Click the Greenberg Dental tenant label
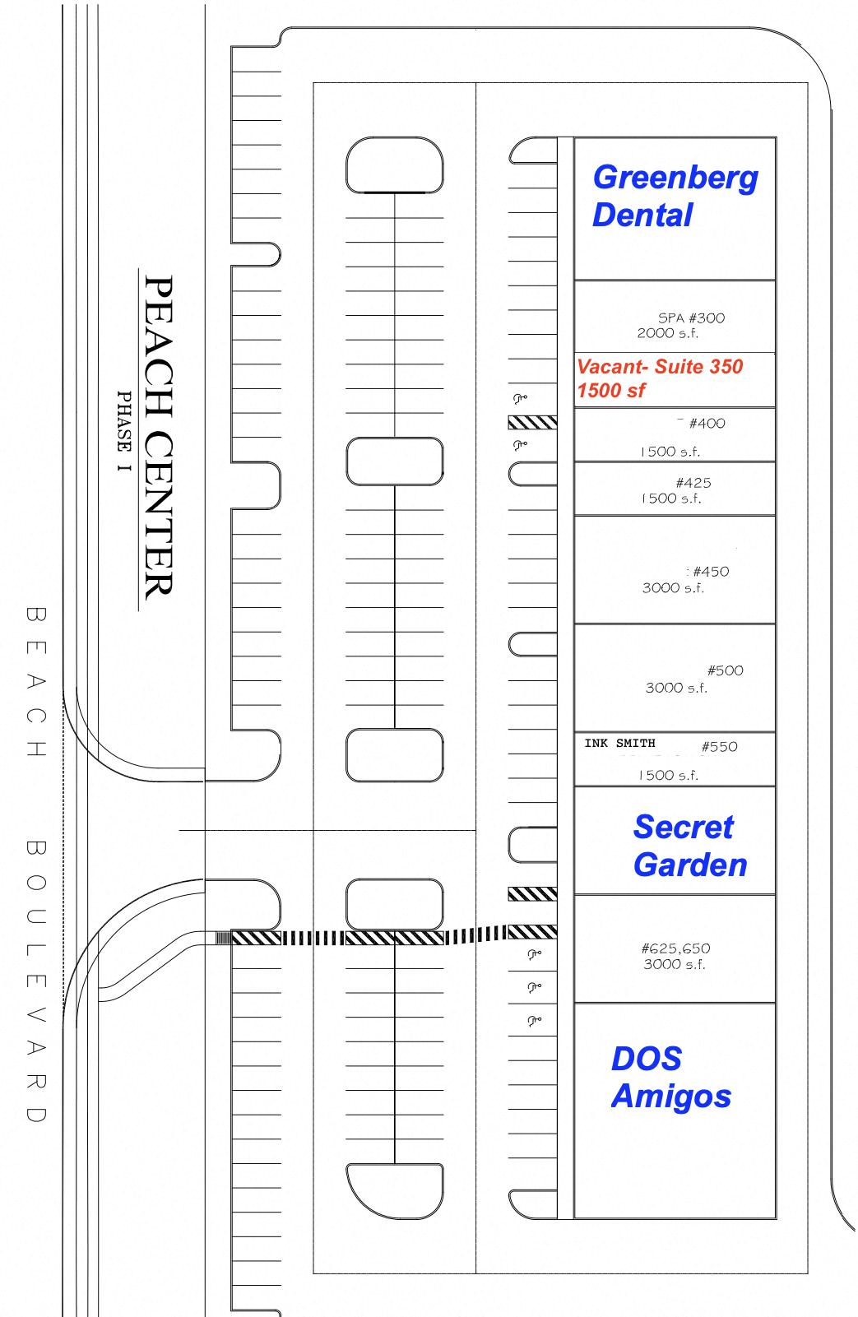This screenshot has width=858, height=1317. click(675, 196)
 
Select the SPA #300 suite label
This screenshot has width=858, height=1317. click(691, 318)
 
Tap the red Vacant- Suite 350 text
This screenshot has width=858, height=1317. click(659, 367)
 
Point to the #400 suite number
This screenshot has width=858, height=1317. click(707, 424)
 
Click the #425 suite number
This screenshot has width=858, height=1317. click(693, 483)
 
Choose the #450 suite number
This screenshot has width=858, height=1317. click(711, 572)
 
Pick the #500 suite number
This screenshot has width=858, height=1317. click(725, 670)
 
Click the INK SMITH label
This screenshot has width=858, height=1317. click(619, 743)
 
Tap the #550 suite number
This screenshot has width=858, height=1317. click(719, 747)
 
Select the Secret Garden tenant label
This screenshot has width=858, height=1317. click(690, 846)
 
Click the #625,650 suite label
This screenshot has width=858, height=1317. click(675, 948)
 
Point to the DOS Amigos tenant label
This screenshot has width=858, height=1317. click(671, 1077)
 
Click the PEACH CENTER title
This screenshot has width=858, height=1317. click(159, 438)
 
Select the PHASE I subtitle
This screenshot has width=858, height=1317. click(124, 431)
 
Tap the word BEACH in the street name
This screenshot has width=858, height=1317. click(36, 681)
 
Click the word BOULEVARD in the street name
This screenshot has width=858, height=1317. click(36, 981)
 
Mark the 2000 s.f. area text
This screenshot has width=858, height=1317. click(667, 333)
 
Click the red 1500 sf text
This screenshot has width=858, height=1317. click(611, 391)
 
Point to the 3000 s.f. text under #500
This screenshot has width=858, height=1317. click(676, 688)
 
